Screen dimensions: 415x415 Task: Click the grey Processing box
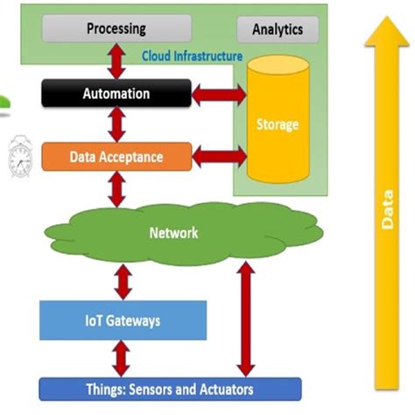click(116, 29)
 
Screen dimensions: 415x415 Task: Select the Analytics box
click(277, 29)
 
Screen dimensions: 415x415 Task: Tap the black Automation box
click(116, 93)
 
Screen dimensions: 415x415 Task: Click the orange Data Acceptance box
click(116, 158)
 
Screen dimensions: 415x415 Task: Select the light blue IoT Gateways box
click(123, 321)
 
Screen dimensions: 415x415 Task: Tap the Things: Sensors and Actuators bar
click(170, 388)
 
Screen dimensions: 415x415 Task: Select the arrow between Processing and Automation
click(116, 60)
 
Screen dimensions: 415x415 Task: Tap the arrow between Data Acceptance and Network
click(116, 189)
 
